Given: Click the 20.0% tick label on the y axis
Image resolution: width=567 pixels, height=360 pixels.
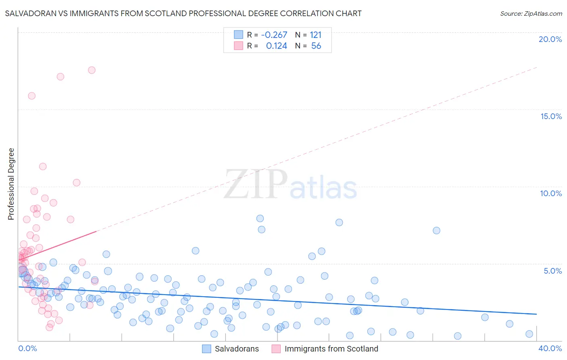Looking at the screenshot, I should click(x=550, y=39).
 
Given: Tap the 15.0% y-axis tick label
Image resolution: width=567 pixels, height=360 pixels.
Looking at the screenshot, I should click(x=551, y=116).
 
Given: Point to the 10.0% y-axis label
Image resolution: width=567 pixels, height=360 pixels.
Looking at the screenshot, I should click(x=551, y=193).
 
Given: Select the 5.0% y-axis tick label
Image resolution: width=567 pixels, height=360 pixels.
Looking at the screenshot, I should click(x=552, y=271).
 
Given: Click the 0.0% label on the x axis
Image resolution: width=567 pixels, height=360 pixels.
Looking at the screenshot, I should click(x=27, y=348).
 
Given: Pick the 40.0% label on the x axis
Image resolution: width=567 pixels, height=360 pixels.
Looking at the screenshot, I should click(x=550, y=348).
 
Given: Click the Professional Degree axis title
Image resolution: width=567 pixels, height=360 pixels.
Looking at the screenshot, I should click(x=11, y=184).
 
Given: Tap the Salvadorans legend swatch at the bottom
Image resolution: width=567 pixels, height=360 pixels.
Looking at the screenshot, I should click(x=206, y=349).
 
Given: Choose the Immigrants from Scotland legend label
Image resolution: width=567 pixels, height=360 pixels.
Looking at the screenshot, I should click(x=331, y=349).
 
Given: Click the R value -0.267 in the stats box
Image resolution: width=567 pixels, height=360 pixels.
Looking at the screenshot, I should click(x=274, y=35).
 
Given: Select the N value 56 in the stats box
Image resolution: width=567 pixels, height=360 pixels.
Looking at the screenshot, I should click(x=316, y=46).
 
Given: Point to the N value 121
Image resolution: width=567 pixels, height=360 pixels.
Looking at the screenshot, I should click(x=316, y=35).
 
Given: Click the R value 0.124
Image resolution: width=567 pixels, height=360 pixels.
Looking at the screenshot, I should click(x=277, y=46).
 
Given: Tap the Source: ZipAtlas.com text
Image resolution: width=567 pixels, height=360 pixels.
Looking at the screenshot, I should click(x=531, y=14).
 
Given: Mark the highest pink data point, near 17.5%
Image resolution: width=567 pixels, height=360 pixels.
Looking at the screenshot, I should click(x=92, y=70).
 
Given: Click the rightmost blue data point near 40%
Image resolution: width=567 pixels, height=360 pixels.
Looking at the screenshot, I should click(x=529, y=334).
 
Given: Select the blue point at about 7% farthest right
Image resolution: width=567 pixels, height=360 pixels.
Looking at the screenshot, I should click(x=436, y=230).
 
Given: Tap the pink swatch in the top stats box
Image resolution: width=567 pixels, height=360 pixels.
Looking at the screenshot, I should click(x=238, y=46).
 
